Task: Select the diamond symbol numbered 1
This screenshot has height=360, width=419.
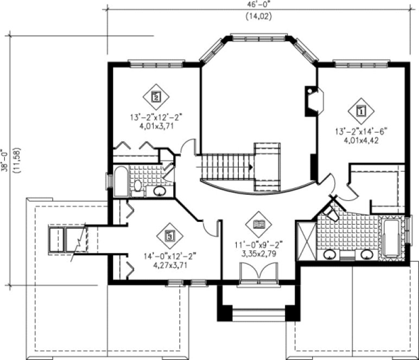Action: coord(360,111)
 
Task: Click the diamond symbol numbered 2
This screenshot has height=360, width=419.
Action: coord(156,98)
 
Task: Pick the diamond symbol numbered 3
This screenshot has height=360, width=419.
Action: coord(170,236)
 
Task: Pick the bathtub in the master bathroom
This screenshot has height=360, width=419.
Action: coord(391,237)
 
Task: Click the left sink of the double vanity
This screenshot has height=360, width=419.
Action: coord(329,254)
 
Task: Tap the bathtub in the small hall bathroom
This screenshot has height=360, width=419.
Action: coord(120,183)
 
